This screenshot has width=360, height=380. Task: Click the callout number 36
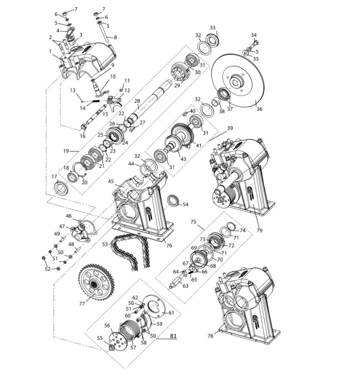click(x=260, y=109)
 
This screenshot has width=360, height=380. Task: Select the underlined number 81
click(x=173, y=336)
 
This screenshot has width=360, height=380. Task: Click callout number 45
click(x=110, y=181)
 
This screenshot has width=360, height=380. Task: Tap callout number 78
click(x=210, y=336)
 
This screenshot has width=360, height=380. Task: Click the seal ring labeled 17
click(x=60, y=187)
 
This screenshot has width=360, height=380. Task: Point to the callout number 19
click(x=66, y=151)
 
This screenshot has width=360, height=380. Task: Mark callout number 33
click(x=212, y=28)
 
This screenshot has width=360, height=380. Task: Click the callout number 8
click(x=115, y=37)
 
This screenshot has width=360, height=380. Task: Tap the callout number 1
click(x=50, y=51)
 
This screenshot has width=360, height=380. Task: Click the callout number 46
click(x=69, y=216)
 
